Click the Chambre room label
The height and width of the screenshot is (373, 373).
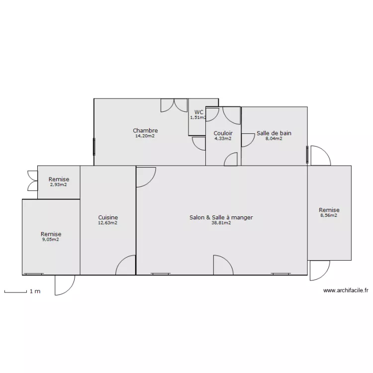pos(145,130)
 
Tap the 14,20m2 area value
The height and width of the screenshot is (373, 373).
pos(145,136)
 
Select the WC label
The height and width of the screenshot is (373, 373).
pos(199,112)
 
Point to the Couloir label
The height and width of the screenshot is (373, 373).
pos(223,133)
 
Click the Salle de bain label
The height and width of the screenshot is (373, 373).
pos(274,133)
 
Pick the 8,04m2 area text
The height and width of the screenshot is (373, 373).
pos(274,139)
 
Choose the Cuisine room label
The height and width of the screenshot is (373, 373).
pos(108,217)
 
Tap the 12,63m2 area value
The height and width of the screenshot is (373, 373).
pos(108,223)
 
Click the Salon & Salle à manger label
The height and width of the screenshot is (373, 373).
pos(221,217)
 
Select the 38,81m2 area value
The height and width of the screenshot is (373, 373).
pos(221,223)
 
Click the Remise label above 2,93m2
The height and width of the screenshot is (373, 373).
pos(59,179)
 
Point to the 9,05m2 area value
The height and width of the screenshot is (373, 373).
pos(51,240)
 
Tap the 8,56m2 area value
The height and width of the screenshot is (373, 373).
pos(329,215)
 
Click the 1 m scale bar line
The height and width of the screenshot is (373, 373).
pos(15,292)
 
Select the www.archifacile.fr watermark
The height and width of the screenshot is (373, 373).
pos(346,290)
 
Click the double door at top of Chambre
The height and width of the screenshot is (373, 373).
pos(174,105)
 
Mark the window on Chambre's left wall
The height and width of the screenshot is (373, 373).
pos(94,147)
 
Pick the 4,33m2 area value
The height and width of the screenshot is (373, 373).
pos(223,139)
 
